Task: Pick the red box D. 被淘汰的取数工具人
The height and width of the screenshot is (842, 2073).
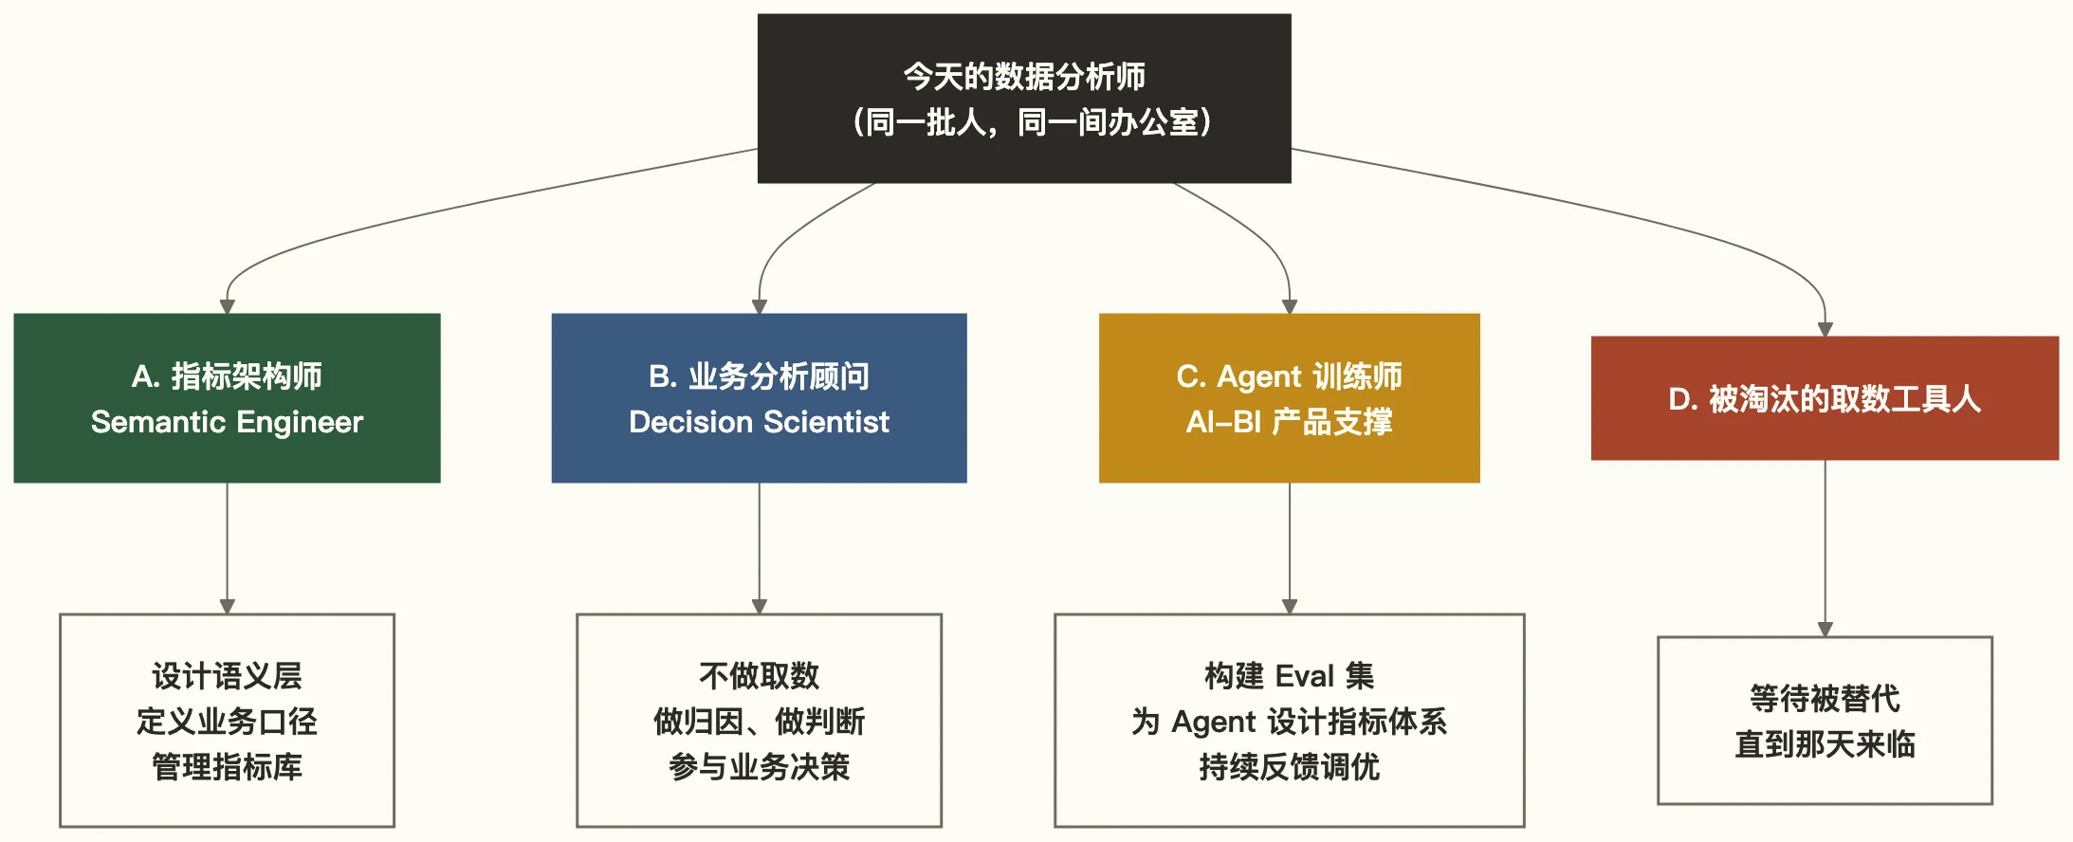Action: (1825, 399)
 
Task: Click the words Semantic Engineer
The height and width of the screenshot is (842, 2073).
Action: (227, 422)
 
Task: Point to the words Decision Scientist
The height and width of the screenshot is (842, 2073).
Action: (759, 422)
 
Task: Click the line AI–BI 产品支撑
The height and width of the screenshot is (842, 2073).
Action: (1289, 422)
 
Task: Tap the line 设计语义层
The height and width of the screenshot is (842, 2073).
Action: (227, 676)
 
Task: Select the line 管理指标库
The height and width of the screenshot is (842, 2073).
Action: (227, 766)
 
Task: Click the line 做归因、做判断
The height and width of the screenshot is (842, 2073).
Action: (759, 722)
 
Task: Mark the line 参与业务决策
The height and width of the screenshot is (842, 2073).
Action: (759, 766)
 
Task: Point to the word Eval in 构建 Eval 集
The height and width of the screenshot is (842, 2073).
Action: (1304, 676)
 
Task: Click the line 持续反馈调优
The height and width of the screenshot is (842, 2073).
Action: (1289, 766)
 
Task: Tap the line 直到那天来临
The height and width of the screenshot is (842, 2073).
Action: (1825, 744)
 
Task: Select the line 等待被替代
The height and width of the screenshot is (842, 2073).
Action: (1825, 699)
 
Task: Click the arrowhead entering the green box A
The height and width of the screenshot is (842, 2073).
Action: (227, 306)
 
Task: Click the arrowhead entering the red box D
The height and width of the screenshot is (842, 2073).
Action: (1825, 329)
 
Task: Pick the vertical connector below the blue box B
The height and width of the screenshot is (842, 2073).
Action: (759, 545)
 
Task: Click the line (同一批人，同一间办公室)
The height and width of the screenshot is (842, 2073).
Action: (1032, 122)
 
